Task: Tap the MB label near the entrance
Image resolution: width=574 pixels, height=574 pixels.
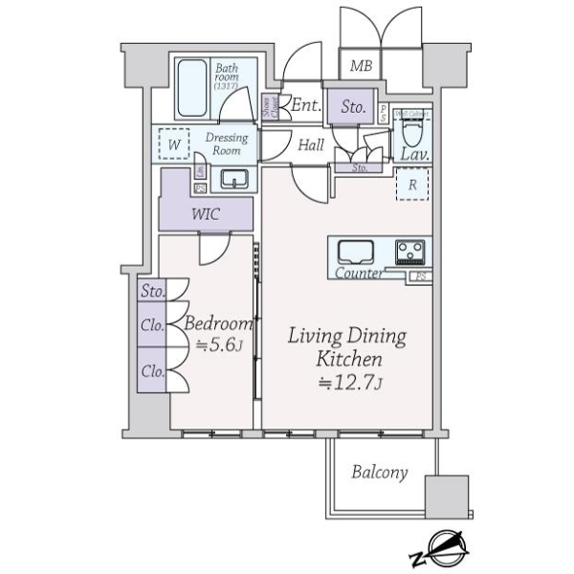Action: (x=360, y=66)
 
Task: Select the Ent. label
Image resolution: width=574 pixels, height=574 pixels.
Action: (x=306, y=105)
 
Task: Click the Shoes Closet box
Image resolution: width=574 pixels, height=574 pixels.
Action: (x=271, y=108)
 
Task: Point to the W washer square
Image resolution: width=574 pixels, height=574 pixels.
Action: (x=173, y=144)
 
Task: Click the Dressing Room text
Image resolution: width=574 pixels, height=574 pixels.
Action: (x=227, y=143)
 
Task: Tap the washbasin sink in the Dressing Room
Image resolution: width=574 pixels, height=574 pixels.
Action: (x=233, y=178)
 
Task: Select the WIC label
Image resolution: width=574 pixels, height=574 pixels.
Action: (x=206, y=213)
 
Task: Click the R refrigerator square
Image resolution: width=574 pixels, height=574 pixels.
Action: (x=412, y=186)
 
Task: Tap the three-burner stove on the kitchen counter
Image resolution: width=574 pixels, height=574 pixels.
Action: (x=411, y=253)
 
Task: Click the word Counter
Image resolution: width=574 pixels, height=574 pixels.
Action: (x=360, y=275)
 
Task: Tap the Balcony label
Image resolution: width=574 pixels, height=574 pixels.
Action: (x=379, y=472)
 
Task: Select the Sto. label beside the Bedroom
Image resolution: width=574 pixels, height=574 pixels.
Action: (x=151, y=292)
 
